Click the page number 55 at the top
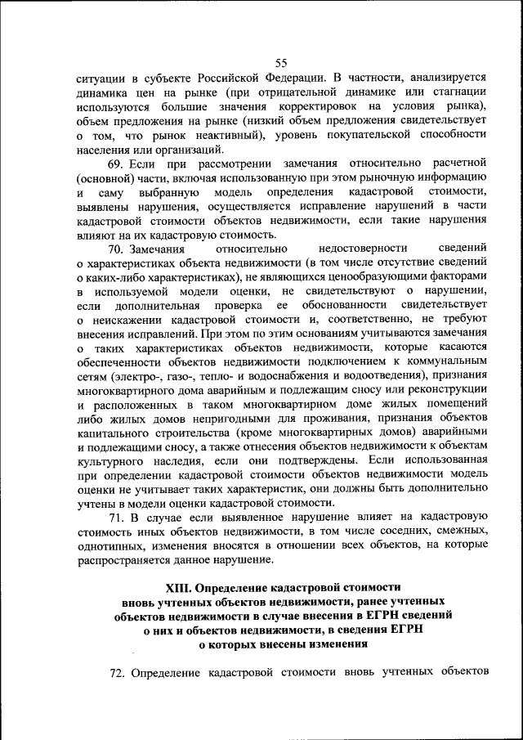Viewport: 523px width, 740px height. point(281,64)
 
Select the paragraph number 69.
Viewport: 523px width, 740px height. point(118,163)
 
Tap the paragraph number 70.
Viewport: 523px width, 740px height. point(118,246)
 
